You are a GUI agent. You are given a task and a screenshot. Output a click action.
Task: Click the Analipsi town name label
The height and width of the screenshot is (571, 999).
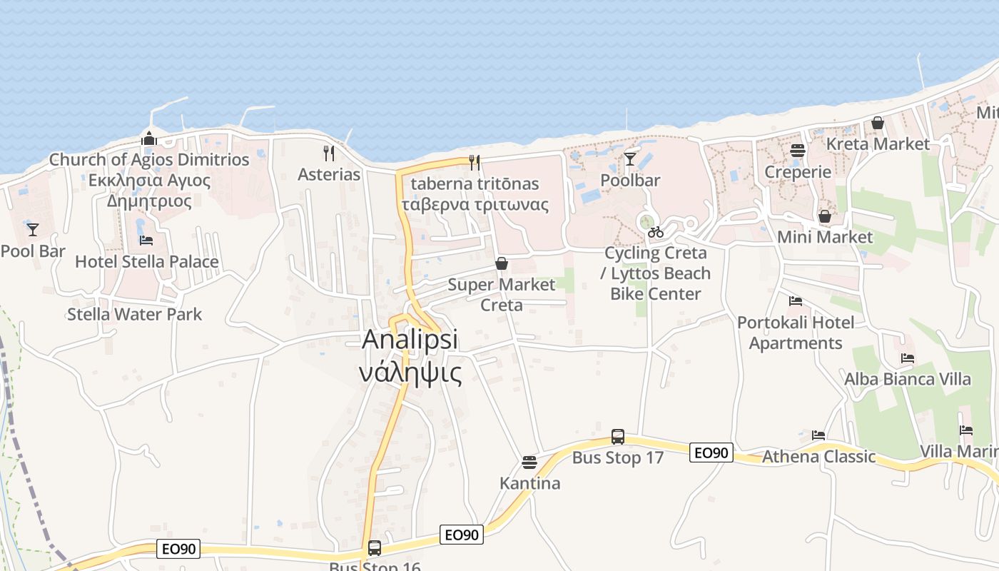click(x=410, y=340)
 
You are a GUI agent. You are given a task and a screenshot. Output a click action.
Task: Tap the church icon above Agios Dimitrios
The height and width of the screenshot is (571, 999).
click(x=148, y=138)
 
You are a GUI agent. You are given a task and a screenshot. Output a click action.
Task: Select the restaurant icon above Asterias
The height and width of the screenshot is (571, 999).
click(x=329, y=153)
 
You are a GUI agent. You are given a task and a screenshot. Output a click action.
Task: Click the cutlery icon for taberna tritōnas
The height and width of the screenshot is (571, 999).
click(x=475, y=163)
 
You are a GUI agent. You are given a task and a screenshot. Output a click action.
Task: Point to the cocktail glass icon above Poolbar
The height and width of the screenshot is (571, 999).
click(x=630, y=158)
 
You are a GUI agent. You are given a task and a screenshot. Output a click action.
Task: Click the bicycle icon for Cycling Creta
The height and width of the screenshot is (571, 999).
click(x=656, y=232)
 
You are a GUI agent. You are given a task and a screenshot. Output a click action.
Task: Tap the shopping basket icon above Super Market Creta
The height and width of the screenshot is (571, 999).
click(x=502, y=263)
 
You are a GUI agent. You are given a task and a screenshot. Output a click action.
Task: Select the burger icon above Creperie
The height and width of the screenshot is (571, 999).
click(x=798, y=151)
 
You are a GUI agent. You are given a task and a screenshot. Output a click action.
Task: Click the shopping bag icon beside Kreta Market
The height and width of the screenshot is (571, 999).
click(x=878, y=123)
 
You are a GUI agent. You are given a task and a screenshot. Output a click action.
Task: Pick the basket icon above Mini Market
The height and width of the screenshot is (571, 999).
click(x=825, y=216)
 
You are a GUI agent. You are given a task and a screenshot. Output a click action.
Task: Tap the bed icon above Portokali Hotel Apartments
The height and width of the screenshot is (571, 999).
click(x=796, y=301)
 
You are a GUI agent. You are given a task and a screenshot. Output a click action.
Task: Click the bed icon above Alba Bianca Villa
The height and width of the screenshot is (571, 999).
click(x=908, y=358)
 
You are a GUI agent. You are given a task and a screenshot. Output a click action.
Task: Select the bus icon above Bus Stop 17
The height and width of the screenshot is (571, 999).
click(x=618, y=437)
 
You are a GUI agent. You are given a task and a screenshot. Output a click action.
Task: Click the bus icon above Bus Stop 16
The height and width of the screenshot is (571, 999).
click(x=375, y=548)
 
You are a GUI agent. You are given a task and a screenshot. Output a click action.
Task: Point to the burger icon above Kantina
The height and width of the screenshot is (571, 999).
click(x=529, y=463)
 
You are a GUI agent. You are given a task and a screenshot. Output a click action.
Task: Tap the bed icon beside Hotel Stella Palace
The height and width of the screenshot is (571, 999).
click(x=146, y=241)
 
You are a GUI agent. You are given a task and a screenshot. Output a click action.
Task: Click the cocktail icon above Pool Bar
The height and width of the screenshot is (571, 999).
click(x=33, y=230)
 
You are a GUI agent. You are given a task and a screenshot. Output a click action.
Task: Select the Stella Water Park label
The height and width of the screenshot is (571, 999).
click(x=134, y=314)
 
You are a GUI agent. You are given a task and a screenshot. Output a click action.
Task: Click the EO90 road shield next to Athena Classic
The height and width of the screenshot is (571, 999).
click(x=711, y=453)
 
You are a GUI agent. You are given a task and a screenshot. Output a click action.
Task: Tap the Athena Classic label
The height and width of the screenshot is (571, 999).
click(x=818, y=456)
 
